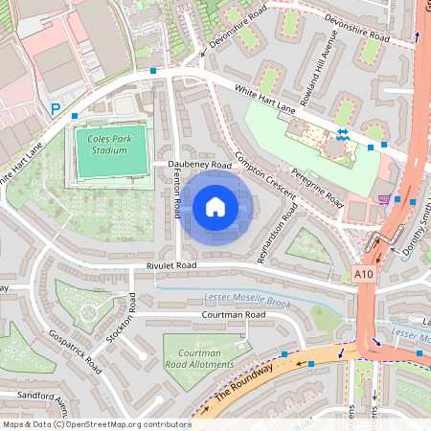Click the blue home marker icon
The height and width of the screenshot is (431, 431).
click(x=215, y=207)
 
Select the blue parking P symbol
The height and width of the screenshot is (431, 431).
click(x=56, y=110)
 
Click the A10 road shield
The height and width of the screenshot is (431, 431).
click(x=362, y=274)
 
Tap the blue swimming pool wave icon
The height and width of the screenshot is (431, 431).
click(x=342, y=133)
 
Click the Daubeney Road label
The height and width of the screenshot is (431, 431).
click(x=200, y=165)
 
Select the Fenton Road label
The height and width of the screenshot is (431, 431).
click(x=178, y=193)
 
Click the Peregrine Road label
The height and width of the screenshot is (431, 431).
click(x=319, y=186)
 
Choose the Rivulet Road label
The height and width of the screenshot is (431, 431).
click(x=171, y=265)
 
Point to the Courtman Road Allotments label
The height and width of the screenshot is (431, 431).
click(x=199, y=358)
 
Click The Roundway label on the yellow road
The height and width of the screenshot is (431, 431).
click(x=243, y=381)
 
